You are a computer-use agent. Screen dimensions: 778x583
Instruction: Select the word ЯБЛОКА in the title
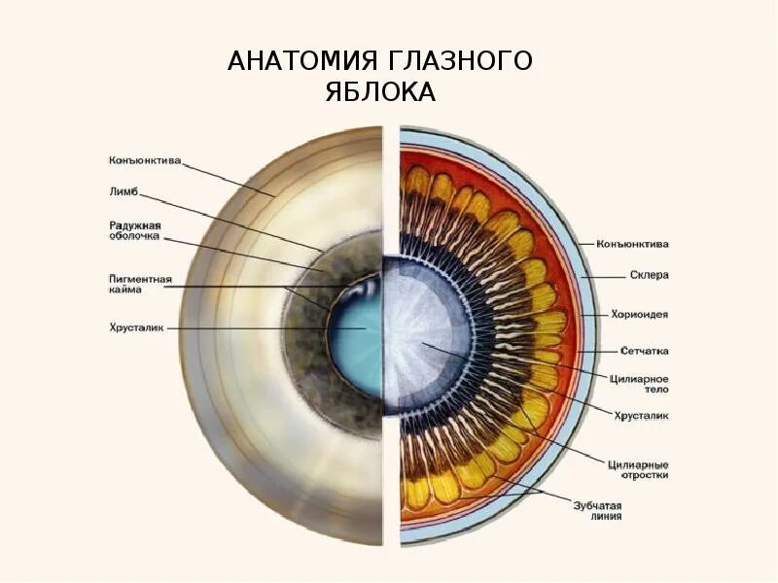pyautogui.click(x=379, y=93)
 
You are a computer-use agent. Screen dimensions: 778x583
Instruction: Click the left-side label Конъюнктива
pyautogui.click(x=144, y=160)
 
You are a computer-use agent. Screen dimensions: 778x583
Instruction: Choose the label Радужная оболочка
pyautogui.click(x=134, y=231)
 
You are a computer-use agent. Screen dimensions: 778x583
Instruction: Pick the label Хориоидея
pyautogui.click(x=638, y=315)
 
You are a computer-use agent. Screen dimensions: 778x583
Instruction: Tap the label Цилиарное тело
pyautogui.click(x=638, y=383)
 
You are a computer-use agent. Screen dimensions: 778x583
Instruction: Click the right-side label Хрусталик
pyautogui.click(x=640, y=416)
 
